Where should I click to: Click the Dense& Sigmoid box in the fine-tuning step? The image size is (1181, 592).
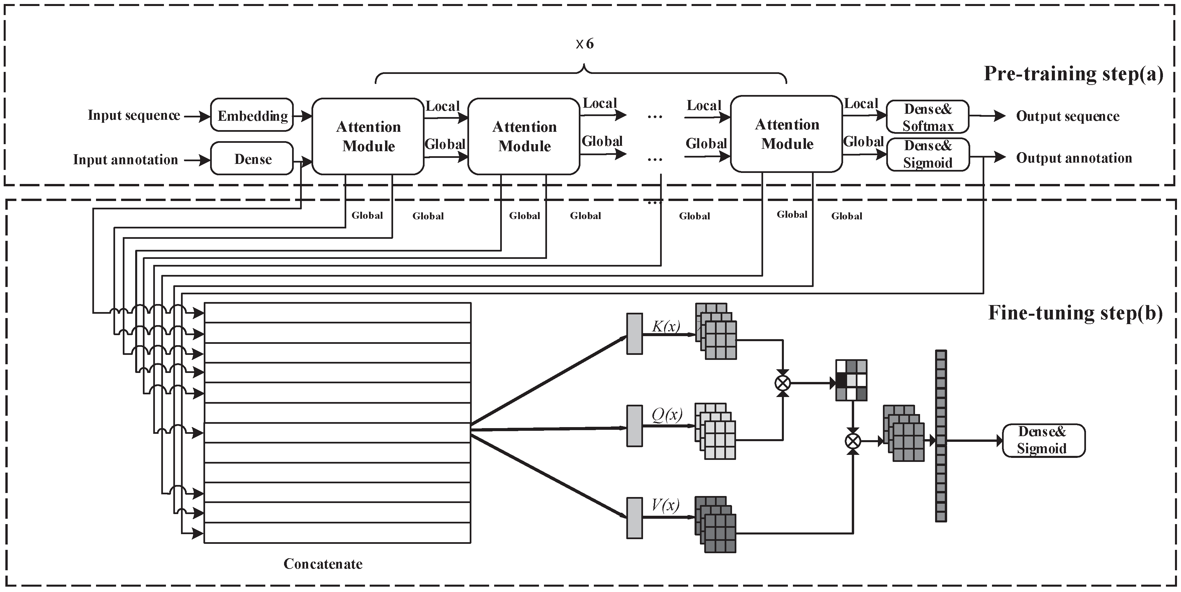point(1043,440)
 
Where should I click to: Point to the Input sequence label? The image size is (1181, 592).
point(134,115)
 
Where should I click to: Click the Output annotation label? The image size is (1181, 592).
point(1074,158)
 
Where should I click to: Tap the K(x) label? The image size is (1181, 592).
point(666,326)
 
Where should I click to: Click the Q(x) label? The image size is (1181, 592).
point(666,415)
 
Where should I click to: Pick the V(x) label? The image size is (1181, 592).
point(665,505)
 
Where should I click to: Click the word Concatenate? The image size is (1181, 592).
point(323,564)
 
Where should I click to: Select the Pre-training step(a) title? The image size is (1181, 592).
point(1074,74)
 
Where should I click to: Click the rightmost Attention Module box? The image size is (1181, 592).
point(786,134)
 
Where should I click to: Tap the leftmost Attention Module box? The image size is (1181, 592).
point(368,136)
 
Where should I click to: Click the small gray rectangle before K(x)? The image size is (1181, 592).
point(635,333)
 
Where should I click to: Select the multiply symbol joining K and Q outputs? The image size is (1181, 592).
point(783,383)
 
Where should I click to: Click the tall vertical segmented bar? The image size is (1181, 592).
point(941,436)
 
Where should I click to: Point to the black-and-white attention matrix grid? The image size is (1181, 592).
point(851,380)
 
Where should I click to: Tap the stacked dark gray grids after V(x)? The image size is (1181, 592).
point(716,524)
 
